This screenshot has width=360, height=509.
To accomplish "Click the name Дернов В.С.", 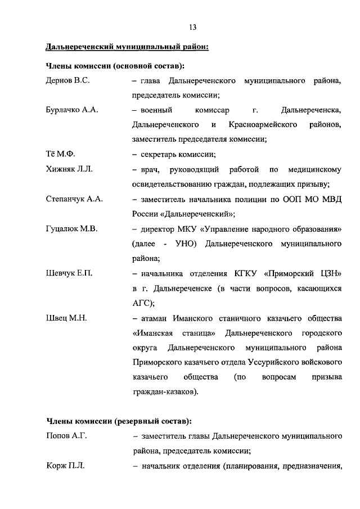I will point(67,81).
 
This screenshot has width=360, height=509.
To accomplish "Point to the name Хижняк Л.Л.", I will point(69,169).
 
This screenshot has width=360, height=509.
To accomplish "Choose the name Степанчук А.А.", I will point(74,199).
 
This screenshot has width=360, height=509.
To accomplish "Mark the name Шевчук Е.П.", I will point(69,273).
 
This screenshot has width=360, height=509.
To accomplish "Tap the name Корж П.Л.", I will point(65,465).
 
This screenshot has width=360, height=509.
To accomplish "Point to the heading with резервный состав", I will point(119,421).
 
